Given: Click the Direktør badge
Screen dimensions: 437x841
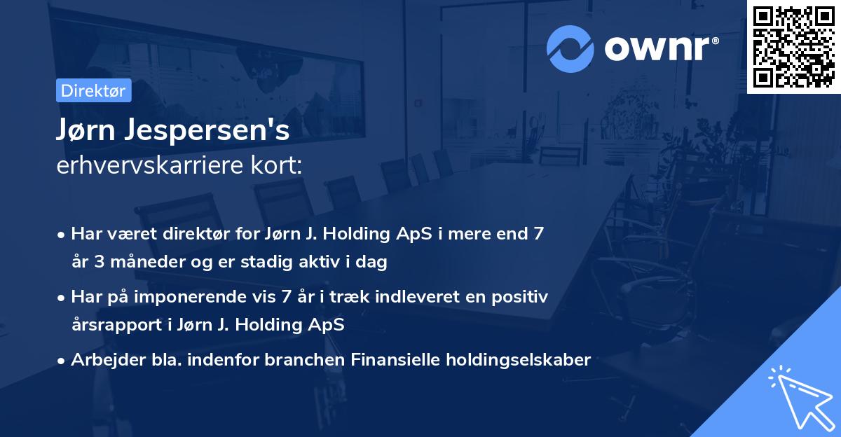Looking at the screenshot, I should (x=93, y=90).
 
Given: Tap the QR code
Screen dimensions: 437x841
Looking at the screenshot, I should (x=793, y=46).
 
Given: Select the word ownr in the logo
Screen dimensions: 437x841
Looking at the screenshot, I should (x=657, y=48).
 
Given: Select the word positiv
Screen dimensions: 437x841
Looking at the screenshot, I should (x=521, y=298).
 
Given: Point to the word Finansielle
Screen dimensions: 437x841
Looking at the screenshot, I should (x=381, y=360).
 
